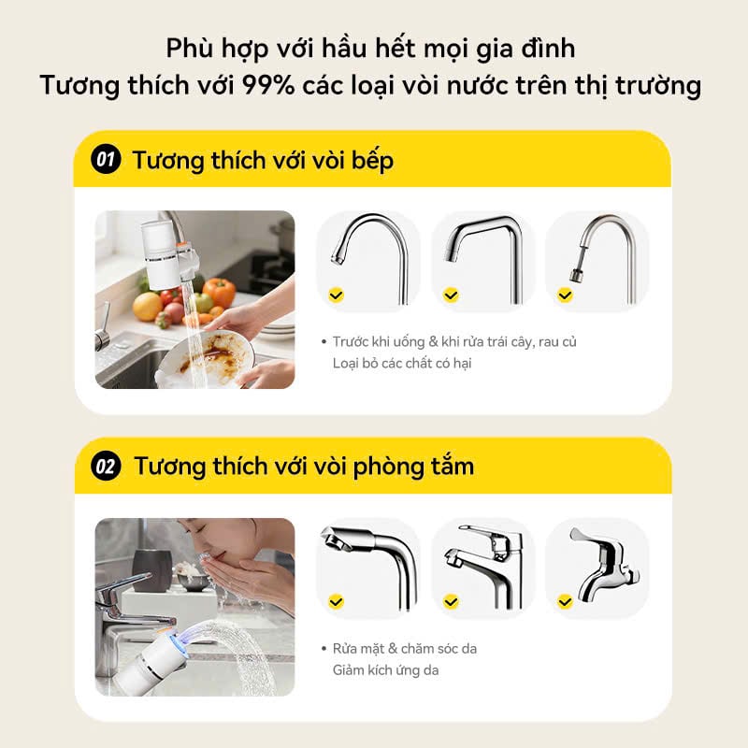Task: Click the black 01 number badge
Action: tap(106, 159)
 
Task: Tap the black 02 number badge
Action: tap(106, 466)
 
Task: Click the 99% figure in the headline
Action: tap(268, 86)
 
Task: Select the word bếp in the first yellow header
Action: tap(372, 161)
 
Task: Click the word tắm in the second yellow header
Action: tap(453, 465)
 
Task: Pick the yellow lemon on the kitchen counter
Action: tap(148, 307)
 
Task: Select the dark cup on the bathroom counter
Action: tap(151, 570)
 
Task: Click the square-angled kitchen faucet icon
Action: tap(483, 259)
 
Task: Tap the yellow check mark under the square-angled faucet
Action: tap(451, 295)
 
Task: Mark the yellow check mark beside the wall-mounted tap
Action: tap(566, 602)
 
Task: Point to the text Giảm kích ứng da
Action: tap(385, 670)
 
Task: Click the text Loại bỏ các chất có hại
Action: tap(402, 364)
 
